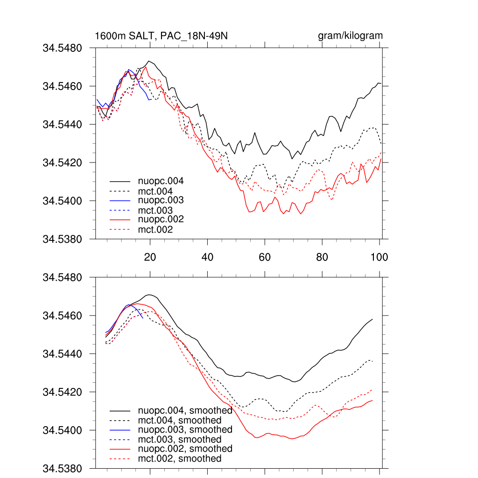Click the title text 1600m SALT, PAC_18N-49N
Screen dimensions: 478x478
coord(161,36)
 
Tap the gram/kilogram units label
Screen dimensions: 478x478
coord(350,36)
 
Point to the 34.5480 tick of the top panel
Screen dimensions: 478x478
coord(63,48)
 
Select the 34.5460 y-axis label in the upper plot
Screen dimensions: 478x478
coord(63,86)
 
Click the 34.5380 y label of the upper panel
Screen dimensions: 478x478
coord(63,239)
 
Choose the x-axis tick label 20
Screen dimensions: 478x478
coord(150,257)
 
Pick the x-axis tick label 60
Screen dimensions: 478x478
coord(265,257)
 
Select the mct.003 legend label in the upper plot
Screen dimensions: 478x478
coord(155,211)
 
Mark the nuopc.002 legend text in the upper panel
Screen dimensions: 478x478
coord(161,219)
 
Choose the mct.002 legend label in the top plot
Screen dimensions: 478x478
coord(155,230)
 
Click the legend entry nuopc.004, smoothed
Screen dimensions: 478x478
coord(185,411)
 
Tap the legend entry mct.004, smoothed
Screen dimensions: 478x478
coord(180,421)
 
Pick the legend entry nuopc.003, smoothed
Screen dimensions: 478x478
coord(185,429)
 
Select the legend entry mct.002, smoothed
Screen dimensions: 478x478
coord(180,459)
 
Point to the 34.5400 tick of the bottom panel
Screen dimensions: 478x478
coord(63,430)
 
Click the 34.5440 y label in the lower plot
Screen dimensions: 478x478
coord(63,354)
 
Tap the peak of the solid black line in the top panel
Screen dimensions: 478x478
coord(149,61)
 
